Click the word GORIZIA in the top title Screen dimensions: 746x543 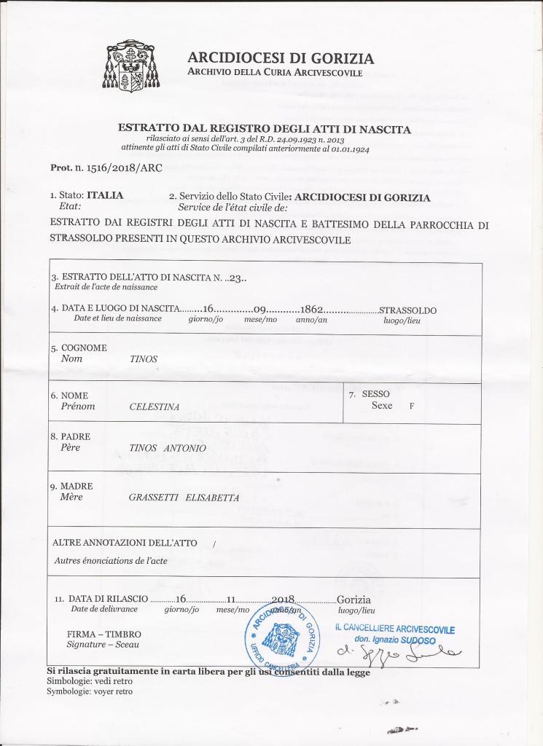tap(340, 58)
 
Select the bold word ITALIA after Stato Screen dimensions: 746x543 tap(105, 196)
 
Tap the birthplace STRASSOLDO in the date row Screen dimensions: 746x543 tap(408, 310)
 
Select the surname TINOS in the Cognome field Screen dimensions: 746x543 tap(143, 359)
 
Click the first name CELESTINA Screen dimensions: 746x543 tap(155, 407)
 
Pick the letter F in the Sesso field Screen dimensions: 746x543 tap(412, 407)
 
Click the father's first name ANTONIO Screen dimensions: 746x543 tap(185, 448)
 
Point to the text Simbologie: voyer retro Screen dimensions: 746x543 tap(90, 691)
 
